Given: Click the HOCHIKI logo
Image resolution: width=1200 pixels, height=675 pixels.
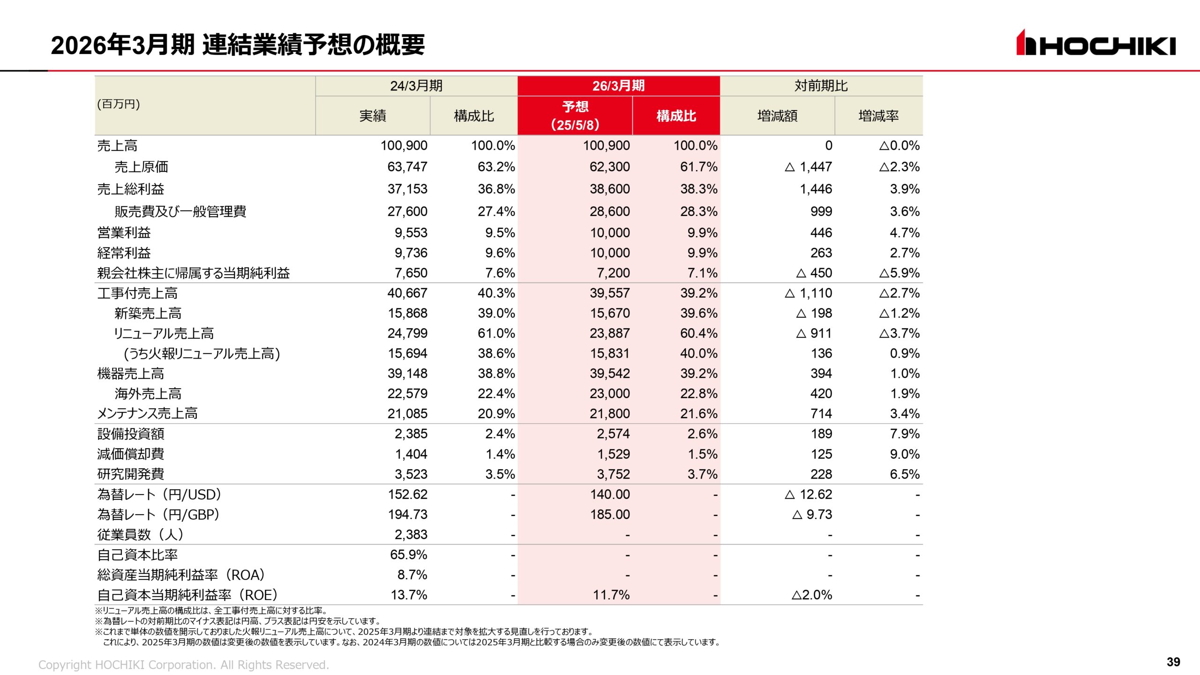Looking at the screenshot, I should pyautogui.click(x=1095, y=44).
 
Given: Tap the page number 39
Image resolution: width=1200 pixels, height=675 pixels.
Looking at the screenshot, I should pyautogui.click(x=1173, y=661).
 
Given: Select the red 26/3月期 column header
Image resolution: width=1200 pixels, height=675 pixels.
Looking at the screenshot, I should pyautogui.click(x=618, y=86).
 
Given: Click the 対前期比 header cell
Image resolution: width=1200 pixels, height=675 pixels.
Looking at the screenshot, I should pyautogui.click(x=821, y=86).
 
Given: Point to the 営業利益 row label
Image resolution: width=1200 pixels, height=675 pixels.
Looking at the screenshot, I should pyautogui.click(x=124, y=232).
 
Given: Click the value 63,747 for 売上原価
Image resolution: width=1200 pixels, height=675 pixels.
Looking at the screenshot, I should pyautogui.click(x=407, y=167).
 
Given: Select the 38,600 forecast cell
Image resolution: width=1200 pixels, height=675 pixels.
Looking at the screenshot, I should pyautogui.click(x=609, y=189).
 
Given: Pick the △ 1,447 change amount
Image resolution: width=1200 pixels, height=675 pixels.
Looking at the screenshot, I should pyautogui.click(x=808, y=167).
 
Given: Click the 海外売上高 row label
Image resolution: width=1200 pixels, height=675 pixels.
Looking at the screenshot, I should pyautogui.click(x=148, y=394).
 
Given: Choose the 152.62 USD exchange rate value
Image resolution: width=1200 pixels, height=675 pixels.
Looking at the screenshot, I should pyautogui.click(x=407, y=495).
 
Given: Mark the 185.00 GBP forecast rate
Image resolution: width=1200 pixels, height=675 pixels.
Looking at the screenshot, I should pyautogui.click(x=609, y=515).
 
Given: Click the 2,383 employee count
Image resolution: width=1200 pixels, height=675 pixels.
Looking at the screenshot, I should pyautogui.click(x=411, y=535).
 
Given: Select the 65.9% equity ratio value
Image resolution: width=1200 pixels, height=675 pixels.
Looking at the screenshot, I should pyautogui.click(x=408, y=555).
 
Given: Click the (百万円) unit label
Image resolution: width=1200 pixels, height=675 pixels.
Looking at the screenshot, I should pyautogui.click(x=118, y=104).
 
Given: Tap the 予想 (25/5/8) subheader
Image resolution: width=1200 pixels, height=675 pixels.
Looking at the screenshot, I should pyautogui.click(x=575, y=116).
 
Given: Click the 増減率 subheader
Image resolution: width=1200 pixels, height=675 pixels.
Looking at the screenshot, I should pyautogui.click(x=878, y=116).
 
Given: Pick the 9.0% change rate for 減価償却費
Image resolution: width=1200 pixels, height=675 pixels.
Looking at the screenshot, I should pyautogui.click(x=904, y=454).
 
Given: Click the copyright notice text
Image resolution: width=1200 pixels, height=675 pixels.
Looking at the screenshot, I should pyautogui.click(x=183, y=665).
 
